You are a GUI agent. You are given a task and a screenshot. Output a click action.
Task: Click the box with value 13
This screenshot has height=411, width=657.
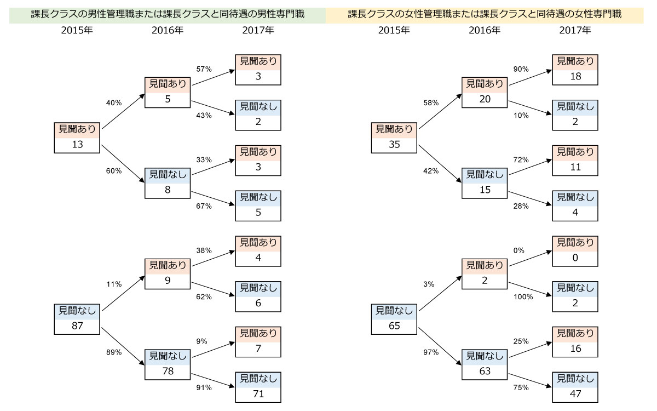(77, 138)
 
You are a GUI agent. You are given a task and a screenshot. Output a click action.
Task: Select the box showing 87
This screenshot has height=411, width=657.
(77, 319)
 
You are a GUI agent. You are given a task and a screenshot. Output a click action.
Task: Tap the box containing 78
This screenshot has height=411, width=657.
(168, 364)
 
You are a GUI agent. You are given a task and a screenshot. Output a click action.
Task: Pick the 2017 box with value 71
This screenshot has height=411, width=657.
(258, 387)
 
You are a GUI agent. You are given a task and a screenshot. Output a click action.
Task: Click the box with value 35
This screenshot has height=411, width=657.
(394, 138)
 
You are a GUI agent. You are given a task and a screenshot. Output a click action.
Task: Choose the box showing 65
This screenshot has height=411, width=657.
(394, 319)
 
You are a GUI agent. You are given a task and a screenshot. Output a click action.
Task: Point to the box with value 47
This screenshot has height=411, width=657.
(575, 387)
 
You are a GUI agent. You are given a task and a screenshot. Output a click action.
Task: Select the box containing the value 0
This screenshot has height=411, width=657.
(575, 252)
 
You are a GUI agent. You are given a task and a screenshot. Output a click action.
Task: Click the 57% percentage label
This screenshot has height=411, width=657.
(204, 69)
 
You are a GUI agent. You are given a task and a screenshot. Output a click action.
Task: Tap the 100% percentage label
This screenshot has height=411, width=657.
(523, 297)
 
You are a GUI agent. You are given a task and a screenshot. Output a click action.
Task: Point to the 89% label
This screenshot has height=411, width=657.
(114, 352)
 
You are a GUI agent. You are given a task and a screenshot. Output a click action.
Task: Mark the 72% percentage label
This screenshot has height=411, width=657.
(521, 159)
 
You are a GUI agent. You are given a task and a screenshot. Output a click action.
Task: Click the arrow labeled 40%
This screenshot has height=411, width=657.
(124, 111)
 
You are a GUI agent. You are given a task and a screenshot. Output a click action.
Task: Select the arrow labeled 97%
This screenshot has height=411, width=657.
(440, 346)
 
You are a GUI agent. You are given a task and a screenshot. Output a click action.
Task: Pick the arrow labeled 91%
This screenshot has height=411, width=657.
(213, 380)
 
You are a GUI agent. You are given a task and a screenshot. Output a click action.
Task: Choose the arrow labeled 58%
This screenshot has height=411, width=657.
(441, 111)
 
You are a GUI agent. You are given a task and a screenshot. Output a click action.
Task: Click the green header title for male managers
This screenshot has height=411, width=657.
(168, 14)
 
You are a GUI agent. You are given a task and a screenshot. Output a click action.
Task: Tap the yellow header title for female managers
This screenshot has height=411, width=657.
(485, 14)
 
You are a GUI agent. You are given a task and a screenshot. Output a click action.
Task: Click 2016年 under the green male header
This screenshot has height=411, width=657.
(168, 30)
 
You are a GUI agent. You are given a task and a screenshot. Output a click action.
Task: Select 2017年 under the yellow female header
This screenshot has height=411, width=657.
(575, 30)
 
